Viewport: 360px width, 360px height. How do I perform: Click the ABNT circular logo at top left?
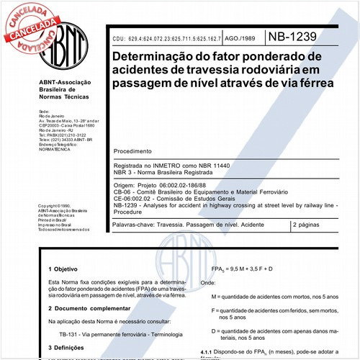click(64, 44)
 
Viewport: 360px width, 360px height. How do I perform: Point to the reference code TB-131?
click(69, 334)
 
